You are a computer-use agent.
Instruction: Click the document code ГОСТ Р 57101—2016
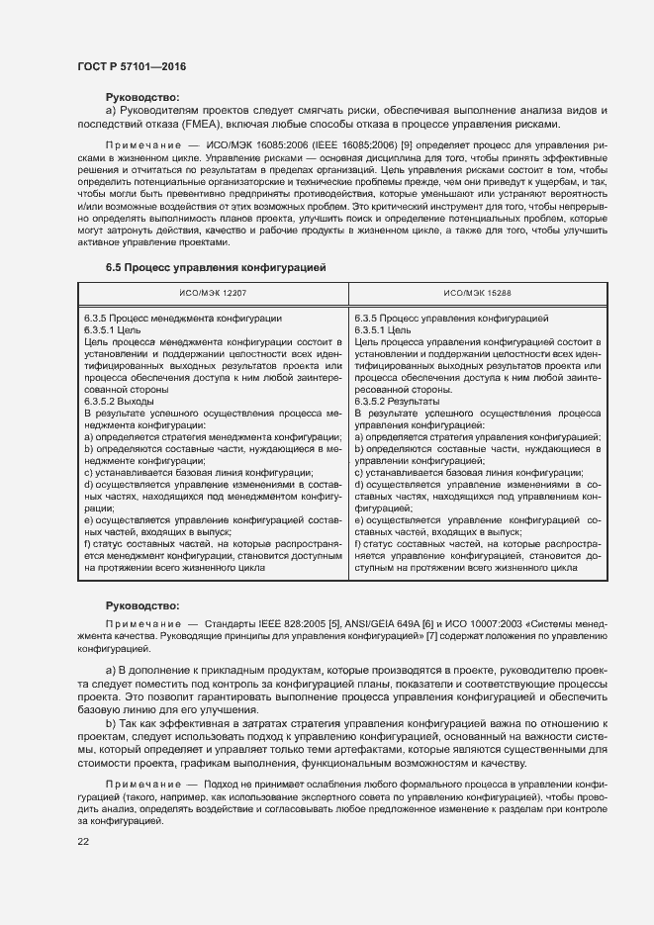coord(132,66)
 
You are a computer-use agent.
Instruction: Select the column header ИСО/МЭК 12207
coord(215,294)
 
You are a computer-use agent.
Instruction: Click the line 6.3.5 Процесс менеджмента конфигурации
coord(183,319)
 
